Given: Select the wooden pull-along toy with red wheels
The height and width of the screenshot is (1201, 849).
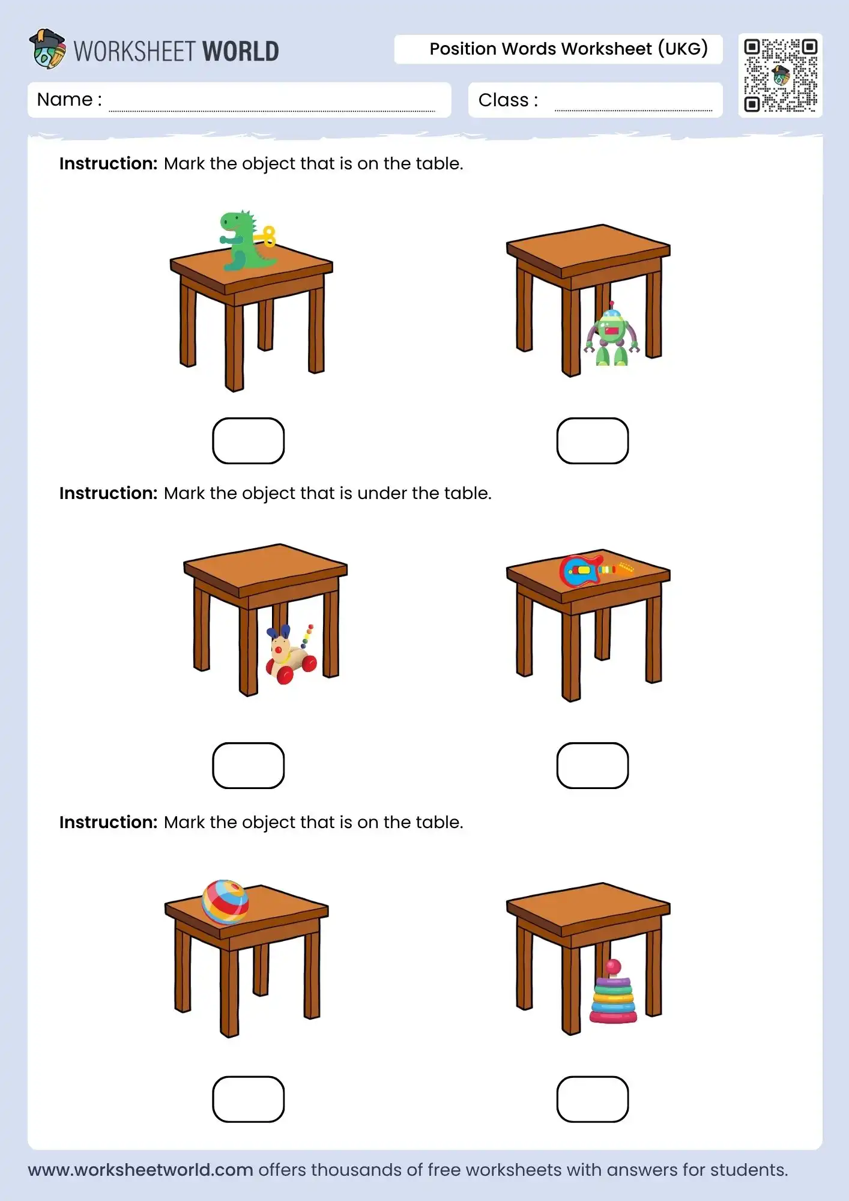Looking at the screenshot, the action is pyautogui.click(x=291, y=655).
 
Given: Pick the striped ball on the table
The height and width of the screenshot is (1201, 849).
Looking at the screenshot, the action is pyautogui.click(x=225, y=901).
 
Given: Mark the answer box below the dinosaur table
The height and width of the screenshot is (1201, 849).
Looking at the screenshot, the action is pyautogui.click(x=248, y=441).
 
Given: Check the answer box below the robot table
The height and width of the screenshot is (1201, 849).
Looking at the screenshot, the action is pyautogui.click(x=593, y=441).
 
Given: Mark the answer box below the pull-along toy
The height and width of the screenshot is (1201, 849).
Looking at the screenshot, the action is pyautogui.click(x=248, y=766).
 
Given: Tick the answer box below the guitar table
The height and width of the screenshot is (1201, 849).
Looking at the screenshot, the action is pyautogui.click(x=593, y=766).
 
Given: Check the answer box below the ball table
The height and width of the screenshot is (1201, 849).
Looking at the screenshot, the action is pyautogui.click(x=248, y=1099).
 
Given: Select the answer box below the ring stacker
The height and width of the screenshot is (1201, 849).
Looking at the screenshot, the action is pyautogui.click(x=593, y=1099).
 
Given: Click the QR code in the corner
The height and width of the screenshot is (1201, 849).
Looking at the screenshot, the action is pyautogui.click(x=781, y=76).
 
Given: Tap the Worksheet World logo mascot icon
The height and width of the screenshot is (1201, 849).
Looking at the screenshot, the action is pyautogui.click(x=47, y=49).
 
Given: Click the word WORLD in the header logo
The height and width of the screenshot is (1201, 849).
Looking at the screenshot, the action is pyautogui.click(x=241, y=52).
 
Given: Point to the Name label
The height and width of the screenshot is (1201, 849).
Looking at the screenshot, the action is pyautogui.click(x=69, y=100).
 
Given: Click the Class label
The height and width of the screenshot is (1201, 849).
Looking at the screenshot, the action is pyautogui.click(x=508, y=100).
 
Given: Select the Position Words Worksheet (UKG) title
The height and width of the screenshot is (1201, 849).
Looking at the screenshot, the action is pyautogui.click(x=569, y=49).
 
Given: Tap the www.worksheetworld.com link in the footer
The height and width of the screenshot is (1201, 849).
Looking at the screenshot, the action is pyautogui.click(x=140, y=1170).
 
